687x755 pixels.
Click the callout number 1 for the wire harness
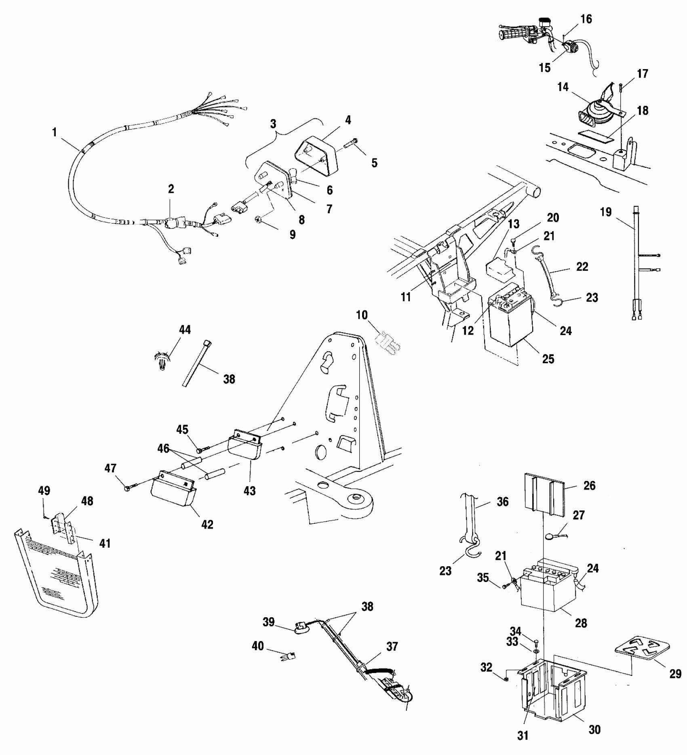pos(55,132)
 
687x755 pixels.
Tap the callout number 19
pos(606,212)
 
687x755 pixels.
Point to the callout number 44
pos(185,330)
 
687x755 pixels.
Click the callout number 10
pos(362,314)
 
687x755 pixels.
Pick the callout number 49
pos(44,491)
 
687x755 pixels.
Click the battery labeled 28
pos(546,594)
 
